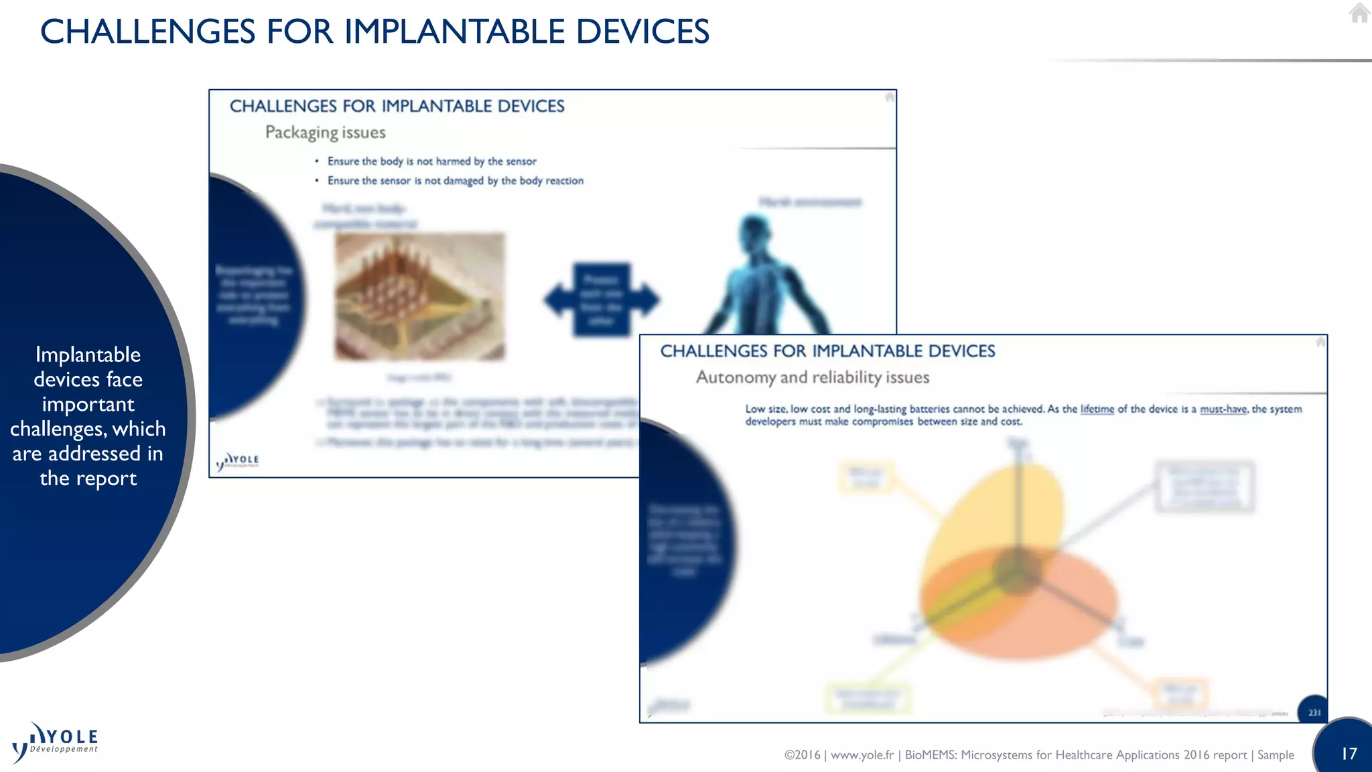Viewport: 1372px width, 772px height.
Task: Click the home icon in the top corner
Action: coord(1359,13)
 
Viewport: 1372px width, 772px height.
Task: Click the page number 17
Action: coord(1349,753)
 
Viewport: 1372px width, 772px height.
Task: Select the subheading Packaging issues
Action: coord(325,132)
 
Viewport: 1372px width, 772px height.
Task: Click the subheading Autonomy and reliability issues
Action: coord(812,377)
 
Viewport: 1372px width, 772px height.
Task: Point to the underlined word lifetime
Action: coord(1097,409)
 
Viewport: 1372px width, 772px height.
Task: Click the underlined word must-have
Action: coord(1223,409)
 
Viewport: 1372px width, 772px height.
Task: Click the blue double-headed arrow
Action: coord(601,299)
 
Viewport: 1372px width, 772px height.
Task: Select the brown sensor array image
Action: coord(420,296)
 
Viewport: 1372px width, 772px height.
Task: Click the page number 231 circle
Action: coord(1314,712)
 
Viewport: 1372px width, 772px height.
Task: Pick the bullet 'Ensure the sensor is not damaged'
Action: coord(455,181)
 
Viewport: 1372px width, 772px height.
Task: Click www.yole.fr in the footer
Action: coord(862,755)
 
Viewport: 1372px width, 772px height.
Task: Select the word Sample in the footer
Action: coord(1275,755)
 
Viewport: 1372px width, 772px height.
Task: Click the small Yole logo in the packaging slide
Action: coord(238,460)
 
